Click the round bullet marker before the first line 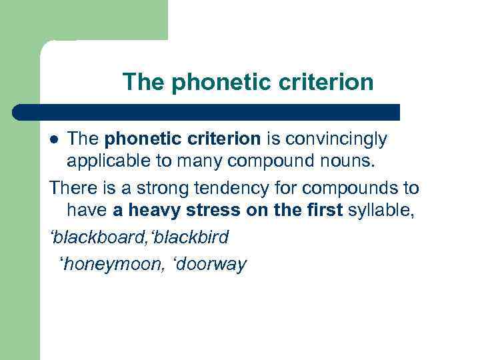pyautogui.click(x=55, y=139)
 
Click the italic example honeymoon pyautogui.click(x=106, y=264)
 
